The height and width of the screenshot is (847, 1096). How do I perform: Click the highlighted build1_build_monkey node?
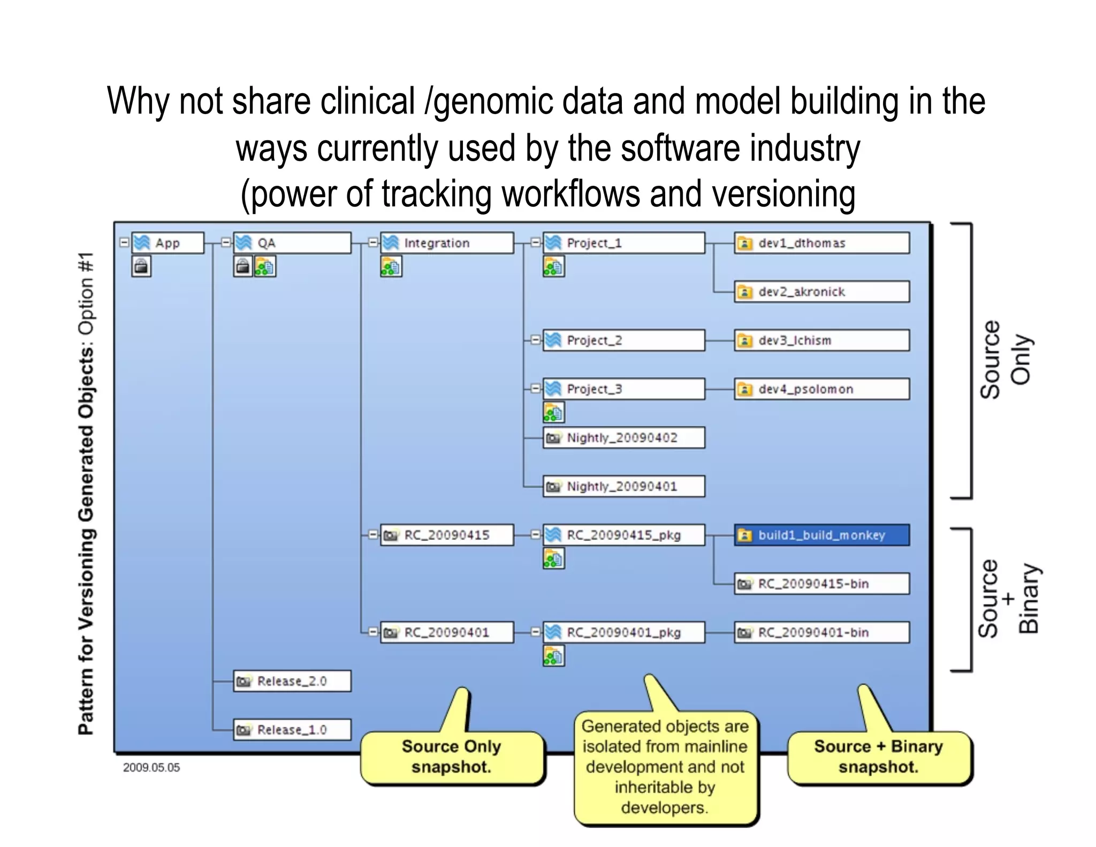821,535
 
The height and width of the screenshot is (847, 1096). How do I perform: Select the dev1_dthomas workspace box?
821,243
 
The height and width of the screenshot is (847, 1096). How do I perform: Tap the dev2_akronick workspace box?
821,292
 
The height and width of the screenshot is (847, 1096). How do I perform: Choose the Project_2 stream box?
623,341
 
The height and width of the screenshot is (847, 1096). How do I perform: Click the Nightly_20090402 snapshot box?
623,438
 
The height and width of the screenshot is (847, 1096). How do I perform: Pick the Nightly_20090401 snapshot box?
623,487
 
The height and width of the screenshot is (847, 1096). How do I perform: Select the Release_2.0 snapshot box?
292,681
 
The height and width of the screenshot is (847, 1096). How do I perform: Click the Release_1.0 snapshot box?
292,730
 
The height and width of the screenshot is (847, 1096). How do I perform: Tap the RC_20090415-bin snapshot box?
821,584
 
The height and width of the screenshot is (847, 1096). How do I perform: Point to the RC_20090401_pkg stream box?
623,632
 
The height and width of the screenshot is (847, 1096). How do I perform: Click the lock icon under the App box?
141,266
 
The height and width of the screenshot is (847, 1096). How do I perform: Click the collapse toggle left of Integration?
373,243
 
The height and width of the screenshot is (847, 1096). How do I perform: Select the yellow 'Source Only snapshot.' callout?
452,757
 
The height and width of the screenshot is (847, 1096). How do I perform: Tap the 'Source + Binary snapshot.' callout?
879,757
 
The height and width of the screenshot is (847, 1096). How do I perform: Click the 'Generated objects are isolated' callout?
665,767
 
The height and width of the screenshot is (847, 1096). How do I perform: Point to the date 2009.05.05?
151,768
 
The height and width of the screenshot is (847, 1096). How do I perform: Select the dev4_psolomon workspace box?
821,389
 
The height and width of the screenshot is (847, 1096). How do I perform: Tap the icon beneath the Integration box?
391,267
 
